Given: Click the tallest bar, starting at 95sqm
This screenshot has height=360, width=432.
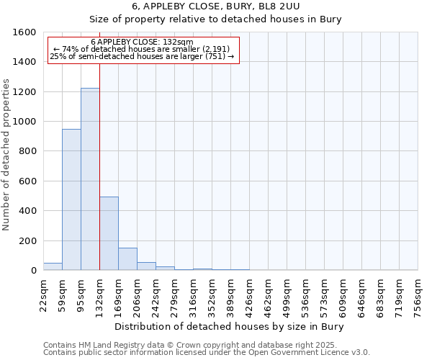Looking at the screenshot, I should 90,179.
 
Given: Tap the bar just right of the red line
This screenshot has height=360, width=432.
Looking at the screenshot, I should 109,233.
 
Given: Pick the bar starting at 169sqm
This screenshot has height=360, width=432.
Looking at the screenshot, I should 127,259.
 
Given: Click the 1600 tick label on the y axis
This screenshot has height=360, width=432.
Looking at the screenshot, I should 24,32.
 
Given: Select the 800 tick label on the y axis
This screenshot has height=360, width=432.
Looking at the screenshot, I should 27,151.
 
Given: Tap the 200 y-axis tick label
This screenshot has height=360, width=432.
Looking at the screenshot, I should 27,240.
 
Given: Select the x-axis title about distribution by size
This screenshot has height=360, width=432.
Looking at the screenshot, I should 230,327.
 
